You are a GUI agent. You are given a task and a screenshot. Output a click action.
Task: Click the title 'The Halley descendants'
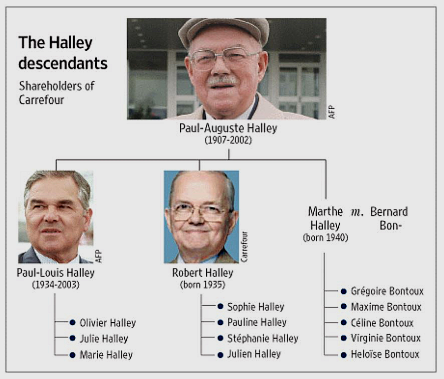pos(63,53)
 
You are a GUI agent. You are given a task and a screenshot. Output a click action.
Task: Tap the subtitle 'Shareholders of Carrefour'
pos(57,93)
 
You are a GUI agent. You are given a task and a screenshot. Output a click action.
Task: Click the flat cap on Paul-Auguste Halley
pos(224,31)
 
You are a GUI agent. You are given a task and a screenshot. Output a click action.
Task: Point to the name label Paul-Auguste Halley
pos(228,128)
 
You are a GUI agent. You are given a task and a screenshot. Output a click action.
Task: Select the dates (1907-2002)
pos(228,140)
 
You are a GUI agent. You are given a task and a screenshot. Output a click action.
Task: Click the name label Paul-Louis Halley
pos(56,273)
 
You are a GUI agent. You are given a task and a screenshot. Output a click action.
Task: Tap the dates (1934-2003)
pos(56,285)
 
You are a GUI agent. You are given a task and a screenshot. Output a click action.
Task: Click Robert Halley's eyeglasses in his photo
pos(200,212)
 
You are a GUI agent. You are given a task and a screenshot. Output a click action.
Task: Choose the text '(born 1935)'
pos(203,285)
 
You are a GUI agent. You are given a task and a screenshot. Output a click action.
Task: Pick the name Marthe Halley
pos(325,218)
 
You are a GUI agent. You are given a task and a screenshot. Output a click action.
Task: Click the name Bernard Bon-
pos(389,218)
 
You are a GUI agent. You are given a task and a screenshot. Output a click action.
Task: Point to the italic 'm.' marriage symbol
pos(357,212)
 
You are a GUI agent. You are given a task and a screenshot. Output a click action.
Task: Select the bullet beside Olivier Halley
pos(73,322)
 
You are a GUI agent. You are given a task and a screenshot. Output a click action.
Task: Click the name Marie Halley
pos(106,355)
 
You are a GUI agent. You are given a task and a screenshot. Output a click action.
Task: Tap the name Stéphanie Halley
pos(263,338)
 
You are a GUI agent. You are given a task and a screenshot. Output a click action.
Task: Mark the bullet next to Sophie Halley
pos(220,306)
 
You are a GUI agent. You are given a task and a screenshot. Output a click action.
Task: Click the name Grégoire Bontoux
pos(387,291)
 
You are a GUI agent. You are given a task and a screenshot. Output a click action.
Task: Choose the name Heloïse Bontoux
pos(385,354)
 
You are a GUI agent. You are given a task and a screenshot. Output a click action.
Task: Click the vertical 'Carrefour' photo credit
pos(244,247)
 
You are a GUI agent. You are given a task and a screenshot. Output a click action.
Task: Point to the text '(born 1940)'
pos(325,237)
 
